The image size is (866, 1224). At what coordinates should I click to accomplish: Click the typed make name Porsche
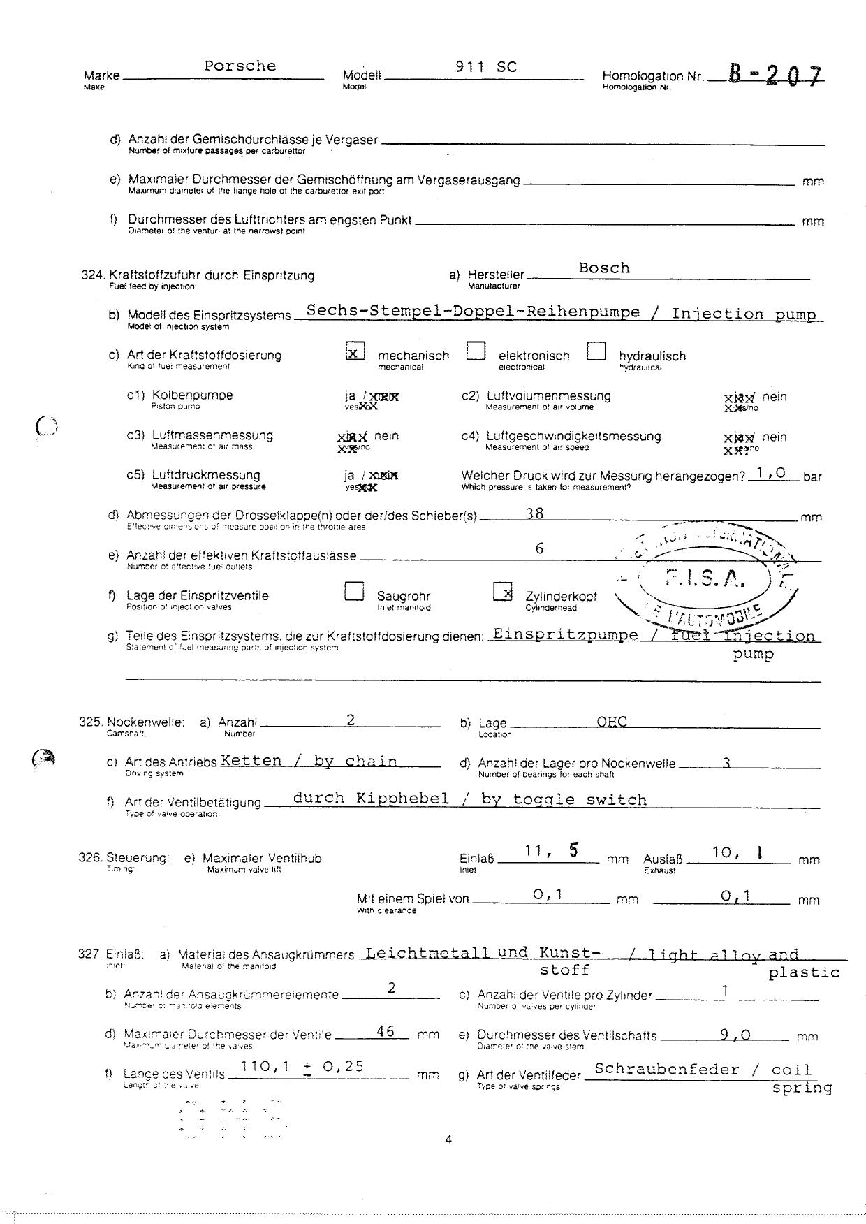[240, 66]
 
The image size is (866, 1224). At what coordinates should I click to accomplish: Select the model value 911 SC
[486, 67]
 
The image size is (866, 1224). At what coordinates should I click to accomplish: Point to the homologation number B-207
[775, 75]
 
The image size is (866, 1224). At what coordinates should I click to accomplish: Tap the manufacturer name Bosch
[604, 268]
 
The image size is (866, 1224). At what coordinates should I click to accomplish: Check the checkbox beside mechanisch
[355, 351]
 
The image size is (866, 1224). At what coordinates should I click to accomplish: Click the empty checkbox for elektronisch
[476, 351]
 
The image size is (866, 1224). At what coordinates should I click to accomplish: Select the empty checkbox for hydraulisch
[596, 351]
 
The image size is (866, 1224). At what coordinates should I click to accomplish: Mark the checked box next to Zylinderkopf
[503, 592]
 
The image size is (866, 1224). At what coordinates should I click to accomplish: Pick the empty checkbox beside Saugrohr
[354, 592]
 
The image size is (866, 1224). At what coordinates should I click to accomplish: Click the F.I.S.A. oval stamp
[706, 578]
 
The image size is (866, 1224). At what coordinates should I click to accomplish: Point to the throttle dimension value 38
[534, 513]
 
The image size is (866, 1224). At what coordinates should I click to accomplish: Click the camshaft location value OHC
[612, 722]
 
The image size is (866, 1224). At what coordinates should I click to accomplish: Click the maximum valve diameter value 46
[386, 1031]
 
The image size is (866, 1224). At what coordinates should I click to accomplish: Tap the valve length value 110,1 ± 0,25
[302, 1067]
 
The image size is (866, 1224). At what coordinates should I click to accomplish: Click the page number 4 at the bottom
[448, 1139]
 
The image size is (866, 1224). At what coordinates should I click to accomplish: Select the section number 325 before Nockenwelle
[91, 722]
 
